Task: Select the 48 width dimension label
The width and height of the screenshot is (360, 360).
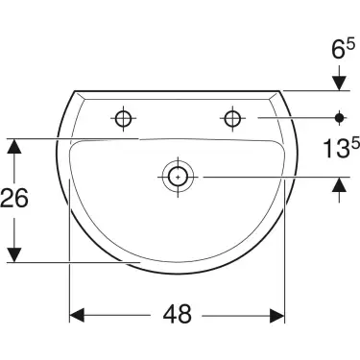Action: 178,313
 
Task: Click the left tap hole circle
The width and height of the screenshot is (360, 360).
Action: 122,118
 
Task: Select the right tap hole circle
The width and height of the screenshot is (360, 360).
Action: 231,118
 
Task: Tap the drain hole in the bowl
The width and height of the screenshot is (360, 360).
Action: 177,176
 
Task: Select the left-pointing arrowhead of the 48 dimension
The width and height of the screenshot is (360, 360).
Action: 79,314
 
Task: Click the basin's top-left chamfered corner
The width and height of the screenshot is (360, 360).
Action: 76,94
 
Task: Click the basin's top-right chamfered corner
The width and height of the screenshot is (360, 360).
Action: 279,94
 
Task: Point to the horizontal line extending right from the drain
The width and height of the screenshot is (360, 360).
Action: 259,176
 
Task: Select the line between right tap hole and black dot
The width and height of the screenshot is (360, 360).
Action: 288,118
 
